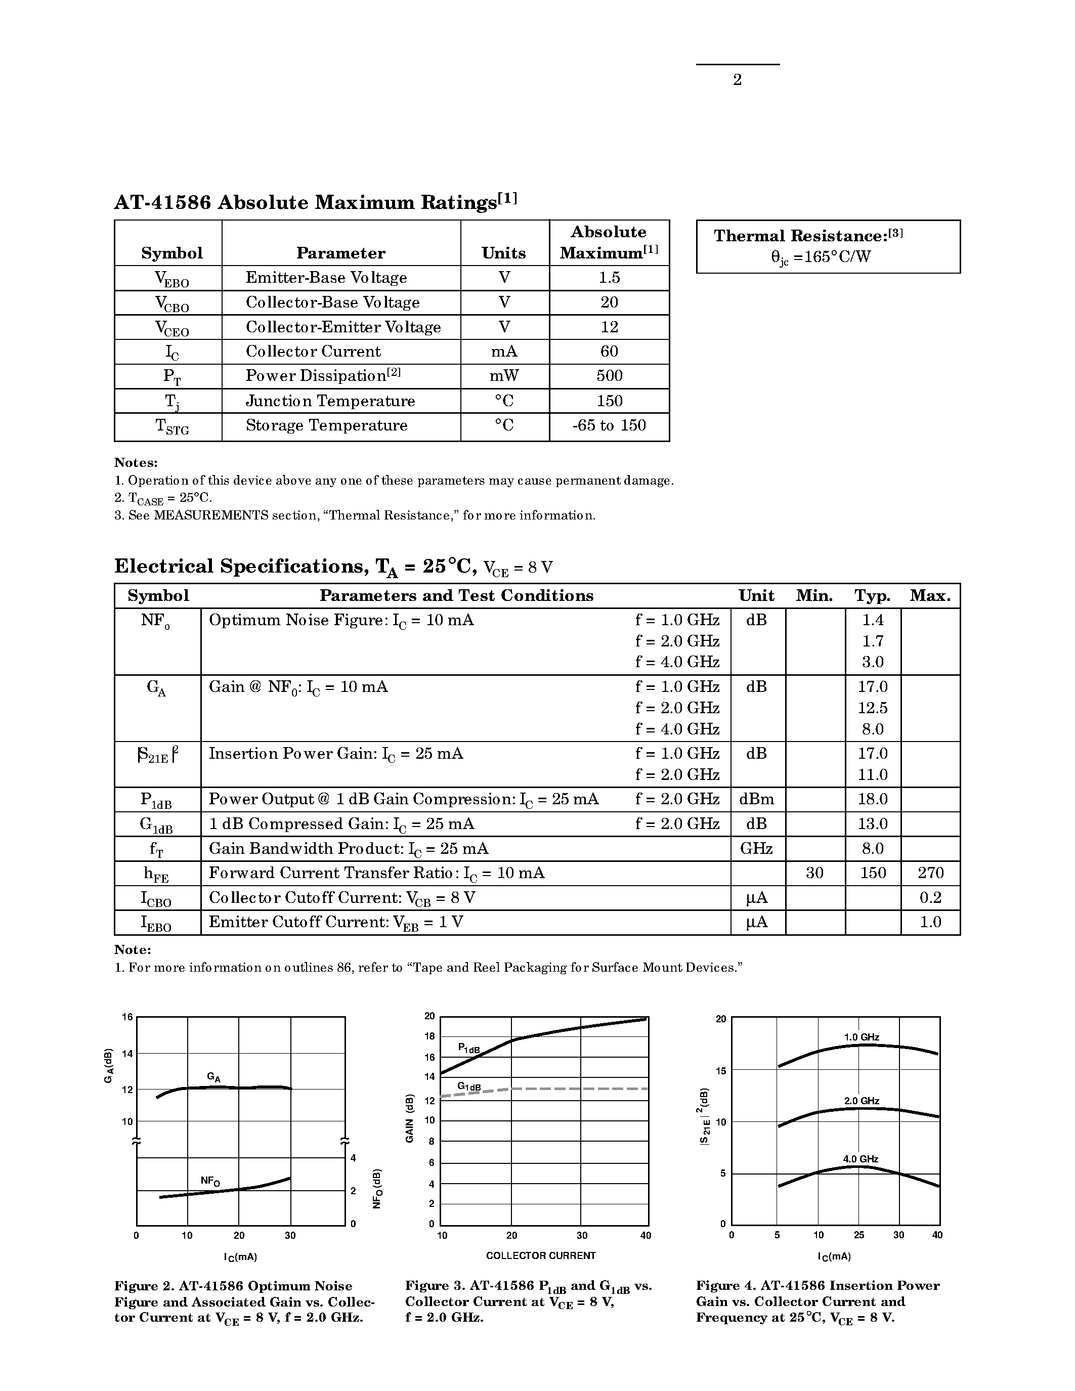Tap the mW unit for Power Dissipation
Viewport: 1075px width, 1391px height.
coord(504,376)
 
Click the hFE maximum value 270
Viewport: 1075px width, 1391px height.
coord(930,873)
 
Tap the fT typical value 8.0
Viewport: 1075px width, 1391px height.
coord(873,848)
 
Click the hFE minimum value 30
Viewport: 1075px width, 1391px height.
coord(814,873)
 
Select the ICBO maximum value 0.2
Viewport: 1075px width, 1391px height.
coord(930,898)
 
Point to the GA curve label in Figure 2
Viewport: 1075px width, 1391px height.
coord(214,1077)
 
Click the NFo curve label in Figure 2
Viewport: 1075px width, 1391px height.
coord(210,1181)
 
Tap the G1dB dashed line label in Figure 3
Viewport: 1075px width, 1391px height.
coord(469,1086)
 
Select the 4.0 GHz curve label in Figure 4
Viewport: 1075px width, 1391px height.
coord(861,1159)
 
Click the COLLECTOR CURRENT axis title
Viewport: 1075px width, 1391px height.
coord(541,1255)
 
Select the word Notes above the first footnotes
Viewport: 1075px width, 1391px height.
coord(136,463)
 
